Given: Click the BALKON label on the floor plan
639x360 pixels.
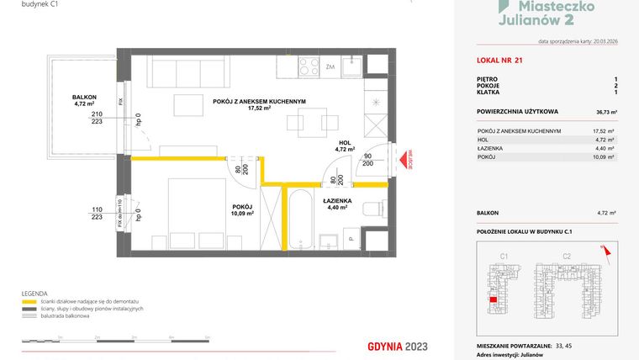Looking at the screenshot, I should tap(84, 97).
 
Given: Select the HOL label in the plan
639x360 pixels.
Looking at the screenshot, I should tap(346, 142).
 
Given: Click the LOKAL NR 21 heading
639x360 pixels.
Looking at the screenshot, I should tap(496, 59).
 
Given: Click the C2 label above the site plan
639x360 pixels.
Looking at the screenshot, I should tap(567, 255).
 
